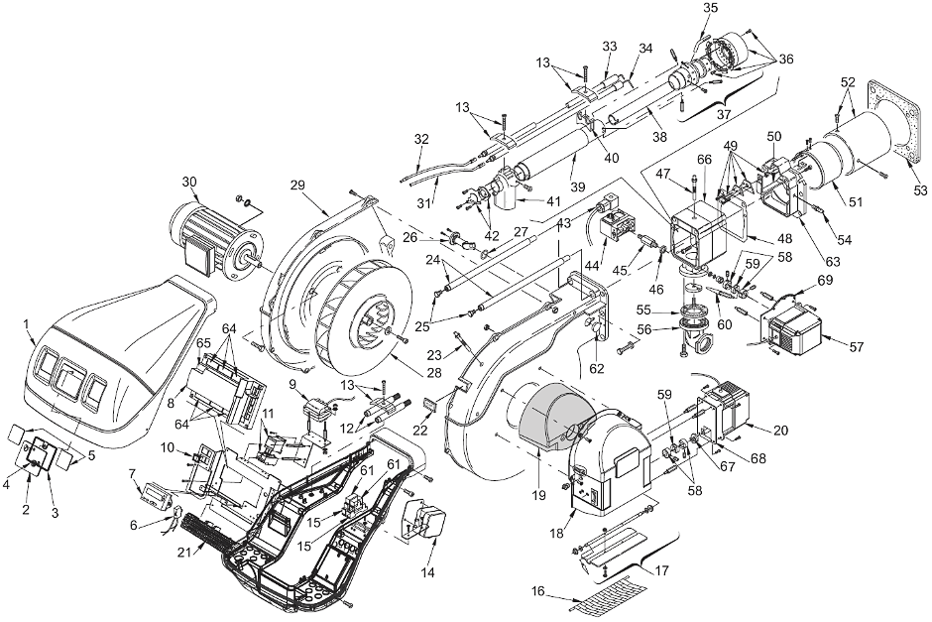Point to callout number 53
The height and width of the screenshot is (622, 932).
tap(919, 190)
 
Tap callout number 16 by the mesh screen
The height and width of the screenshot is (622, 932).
tap(537, 591)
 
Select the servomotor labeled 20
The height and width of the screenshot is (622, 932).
tap(727, 414)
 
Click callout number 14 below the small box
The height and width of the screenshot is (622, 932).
tap(428, 572)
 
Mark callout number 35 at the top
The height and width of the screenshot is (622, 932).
tap(710, 8)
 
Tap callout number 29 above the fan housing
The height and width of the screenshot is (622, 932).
tap(297, 185)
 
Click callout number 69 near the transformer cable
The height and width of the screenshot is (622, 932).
tap(826, 279)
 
